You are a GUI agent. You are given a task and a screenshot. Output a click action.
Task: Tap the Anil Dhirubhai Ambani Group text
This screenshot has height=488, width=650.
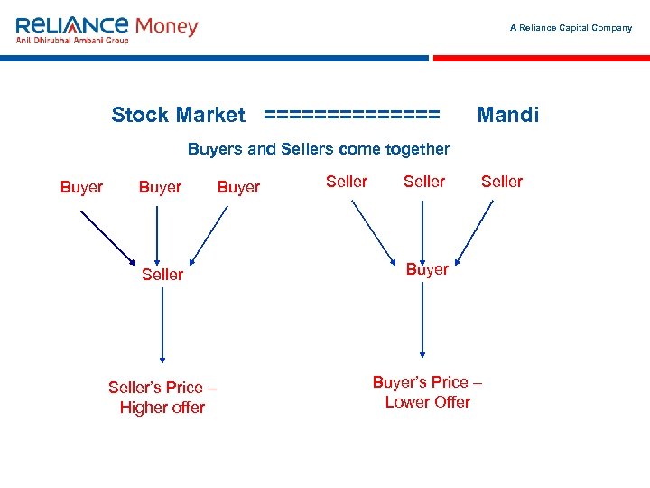click(x=72, y=41)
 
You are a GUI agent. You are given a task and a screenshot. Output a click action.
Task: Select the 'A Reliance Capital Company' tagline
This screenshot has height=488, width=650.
click(x=571, y=28)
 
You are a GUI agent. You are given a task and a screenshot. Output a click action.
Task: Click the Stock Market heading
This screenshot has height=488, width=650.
click(x=178, y=115)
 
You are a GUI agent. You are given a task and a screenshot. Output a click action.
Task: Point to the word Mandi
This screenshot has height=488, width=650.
click(x=507, y=115)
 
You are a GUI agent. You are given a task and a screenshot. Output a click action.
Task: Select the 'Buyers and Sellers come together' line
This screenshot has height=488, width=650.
click(x=319, y=149)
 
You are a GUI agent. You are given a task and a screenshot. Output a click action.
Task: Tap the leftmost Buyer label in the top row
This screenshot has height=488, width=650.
click(x=81, y=187)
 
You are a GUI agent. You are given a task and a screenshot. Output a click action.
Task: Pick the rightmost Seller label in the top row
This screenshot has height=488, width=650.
click(x=502, y=182)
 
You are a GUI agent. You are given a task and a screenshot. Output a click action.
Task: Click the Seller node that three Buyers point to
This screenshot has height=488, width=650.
click(x=162, y=274)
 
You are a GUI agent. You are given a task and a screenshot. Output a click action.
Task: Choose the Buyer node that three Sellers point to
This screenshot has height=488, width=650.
click(x=427, y=269)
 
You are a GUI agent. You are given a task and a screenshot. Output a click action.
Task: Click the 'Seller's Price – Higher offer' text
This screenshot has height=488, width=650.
click(x=162, y=398)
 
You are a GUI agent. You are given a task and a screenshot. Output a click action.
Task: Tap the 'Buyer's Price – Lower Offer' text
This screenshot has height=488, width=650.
click(x=427, y=392)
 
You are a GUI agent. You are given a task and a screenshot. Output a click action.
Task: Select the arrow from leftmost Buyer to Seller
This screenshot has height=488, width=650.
click(x=108, y=235)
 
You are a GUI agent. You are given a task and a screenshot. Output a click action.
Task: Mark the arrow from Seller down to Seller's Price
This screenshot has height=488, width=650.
click(x=162, y=325)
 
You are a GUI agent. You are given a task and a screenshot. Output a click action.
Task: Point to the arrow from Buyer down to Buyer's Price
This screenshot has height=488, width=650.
click(x=422, y=321)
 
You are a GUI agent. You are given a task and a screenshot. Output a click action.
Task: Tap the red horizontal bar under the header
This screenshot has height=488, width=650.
click(x=541, y=58)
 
